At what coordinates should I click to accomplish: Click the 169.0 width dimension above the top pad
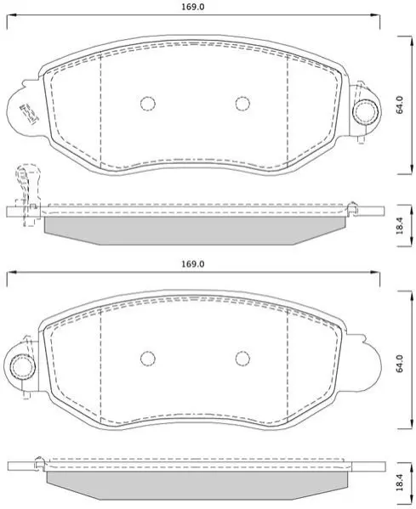click(193, 7)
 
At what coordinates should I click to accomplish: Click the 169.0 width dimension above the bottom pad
click(193, 264)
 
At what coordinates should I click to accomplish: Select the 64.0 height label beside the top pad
click(400, 105)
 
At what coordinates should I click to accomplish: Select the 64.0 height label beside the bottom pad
click(400, 363)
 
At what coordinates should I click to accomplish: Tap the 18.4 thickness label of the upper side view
click(400, 226)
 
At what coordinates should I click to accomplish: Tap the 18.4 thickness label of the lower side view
click(400, 483)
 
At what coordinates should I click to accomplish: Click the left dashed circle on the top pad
click(148, 104)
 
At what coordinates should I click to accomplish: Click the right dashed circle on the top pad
click(242, 104)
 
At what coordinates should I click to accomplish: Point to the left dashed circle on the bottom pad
click(148, 359)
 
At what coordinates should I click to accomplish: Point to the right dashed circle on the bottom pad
click(242, 359)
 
